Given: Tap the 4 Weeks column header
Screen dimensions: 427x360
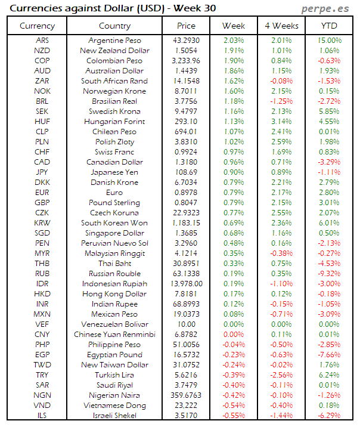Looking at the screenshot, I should point(281,26).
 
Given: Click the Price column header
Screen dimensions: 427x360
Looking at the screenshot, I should point(186,26).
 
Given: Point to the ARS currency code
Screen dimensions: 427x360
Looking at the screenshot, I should point(42,40).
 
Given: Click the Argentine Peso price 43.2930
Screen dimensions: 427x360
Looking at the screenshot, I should point(186,40).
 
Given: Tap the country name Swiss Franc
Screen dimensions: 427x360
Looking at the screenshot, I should point(114,152).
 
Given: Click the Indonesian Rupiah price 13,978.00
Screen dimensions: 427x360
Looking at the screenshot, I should point(186,284).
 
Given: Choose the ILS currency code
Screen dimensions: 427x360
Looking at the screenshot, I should point(42,416).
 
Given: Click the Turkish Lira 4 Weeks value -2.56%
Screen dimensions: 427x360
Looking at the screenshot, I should point(281,375).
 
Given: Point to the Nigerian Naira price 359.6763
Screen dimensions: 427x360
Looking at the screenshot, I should point(186,395).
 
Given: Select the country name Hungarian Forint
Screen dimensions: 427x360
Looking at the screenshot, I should point(114,122).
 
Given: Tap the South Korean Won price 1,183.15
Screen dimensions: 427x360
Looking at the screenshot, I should point(186,223).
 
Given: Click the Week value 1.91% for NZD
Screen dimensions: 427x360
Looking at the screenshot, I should point(234,51).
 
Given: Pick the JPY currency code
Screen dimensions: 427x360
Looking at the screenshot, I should point(42,172).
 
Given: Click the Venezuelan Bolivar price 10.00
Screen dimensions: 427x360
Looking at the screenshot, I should point(186,324).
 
